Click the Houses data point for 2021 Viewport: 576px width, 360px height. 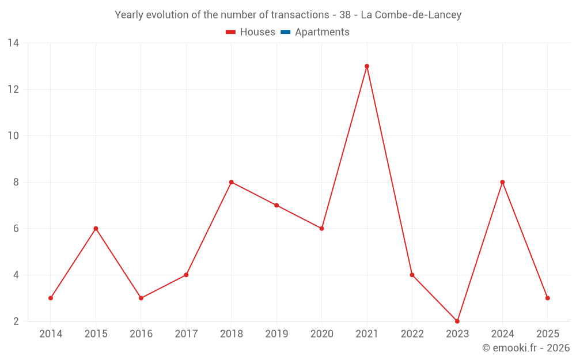[x=367, y=66]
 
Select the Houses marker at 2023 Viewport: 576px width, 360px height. [x=457, y=321]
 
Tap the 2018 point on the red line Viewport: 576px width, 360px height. [x=232, y=182]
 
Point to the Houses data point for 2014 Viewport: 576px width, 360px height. [x=51, y=298]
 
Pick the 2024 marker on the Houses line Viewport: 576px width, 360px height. [x=502, y=182]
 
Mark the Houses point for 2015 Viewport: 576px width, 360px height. [x=96, y=229]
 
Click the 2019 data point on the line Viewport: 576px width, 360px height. [x=276, y=205]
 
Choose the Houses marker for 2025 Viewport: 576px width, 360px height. [x=547, y=298]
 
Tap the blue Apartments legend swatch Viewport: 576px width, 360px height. [x=285, y=32]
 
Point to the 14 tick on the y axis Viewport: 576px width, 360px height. [x=13, y=43]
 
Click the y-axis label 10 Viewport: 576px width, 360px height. [x=13, y=136]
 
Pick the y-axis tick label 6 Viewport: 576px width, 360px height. [x=16, y=229]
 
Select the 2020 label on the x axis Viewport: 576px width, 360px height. [x=321, y=334]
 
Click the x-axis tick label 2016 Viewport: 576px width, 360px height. [x=141, y=334]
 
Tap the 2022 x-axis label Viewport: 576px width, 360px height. [x=412, y=334]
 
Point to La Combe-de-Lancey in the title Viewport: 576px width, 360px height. [x=411, y=15]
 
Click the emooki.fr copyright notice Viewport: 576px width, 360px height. [x=526, y=348]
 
